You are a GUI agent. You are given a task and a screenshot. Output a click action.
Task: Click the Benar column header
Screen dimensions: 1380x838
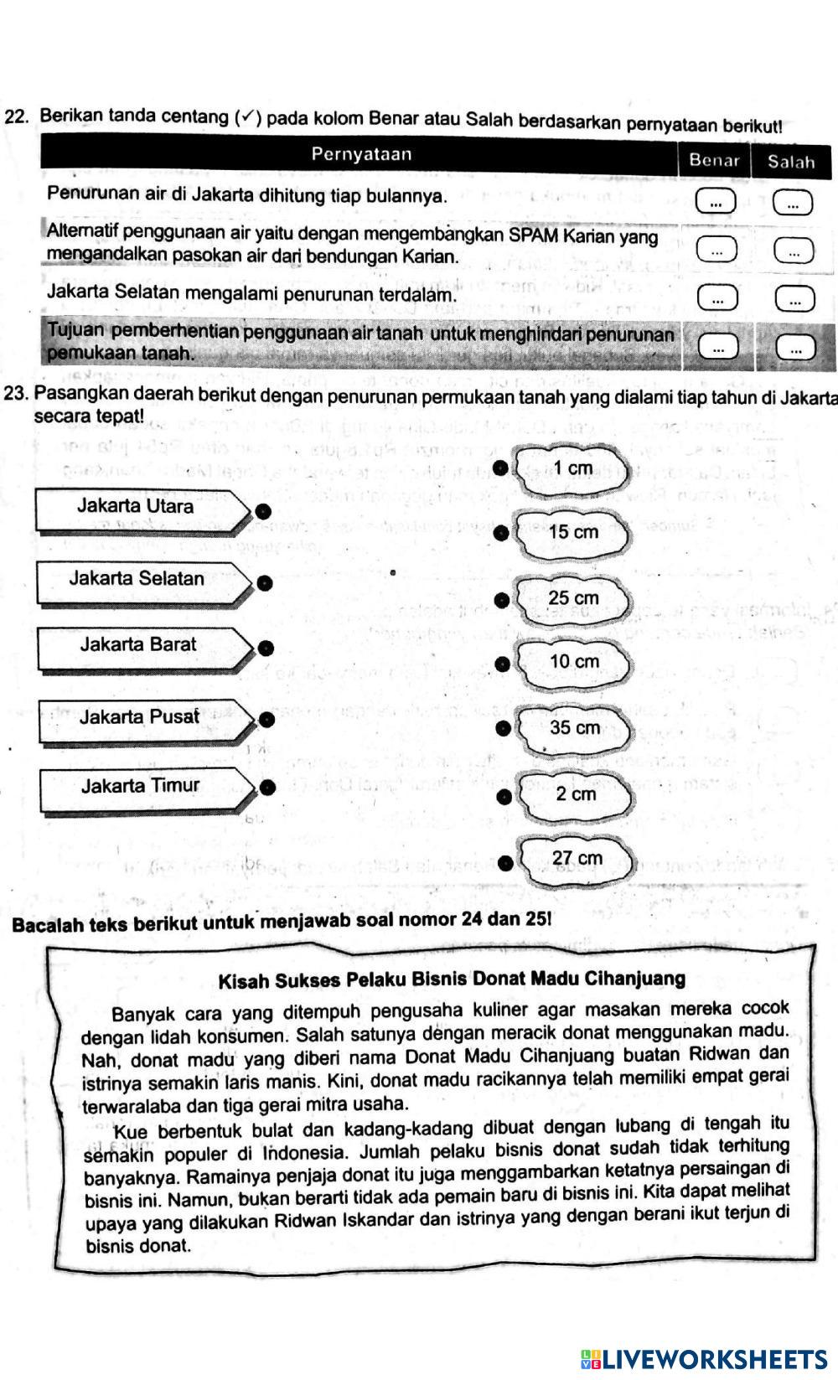[714, 160]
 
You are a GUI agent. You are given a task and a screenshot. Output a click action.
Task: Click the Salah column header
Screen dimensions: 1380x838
[791, 162]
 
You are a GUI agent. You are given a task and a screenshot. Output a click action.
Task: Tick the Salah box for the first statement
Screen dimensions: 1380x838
[793, 203]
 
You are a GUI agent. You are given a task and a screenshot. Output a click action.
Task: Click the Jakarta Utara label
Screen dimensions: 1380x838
[136, 506]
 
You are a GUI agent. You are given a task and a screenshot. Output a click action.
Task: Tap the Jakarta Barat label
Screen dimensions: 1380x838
[138, 644]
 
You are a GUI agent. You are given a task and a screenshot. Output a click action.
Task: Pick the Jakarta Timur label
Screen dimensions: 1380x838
[141, 785]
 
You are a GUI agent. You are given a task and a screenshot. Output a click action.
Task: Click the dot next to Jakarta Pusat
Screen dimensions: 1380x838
[266, 719]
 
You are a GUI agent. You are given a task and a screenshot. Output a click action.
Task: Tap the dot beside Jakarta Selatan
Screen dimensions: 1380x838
[265, 583]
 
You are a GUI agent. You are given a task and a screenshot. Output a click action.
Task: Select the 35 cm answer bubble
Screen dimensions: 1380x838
[574, 727]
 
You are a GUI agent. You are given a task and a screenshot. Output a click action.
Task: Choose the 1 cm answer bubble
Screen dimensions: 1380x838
[574, 468]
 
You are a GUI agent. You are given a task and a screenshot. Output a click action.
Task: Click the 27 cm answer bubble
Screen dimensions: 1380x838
[577, 858]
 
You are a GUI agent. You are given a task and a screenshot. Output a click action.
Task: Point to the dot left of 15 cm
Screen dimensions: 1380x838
[501, 532]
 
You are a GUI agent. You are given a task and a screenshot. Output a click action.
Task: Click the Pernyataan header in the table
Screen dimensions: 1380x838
[361, 154]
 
